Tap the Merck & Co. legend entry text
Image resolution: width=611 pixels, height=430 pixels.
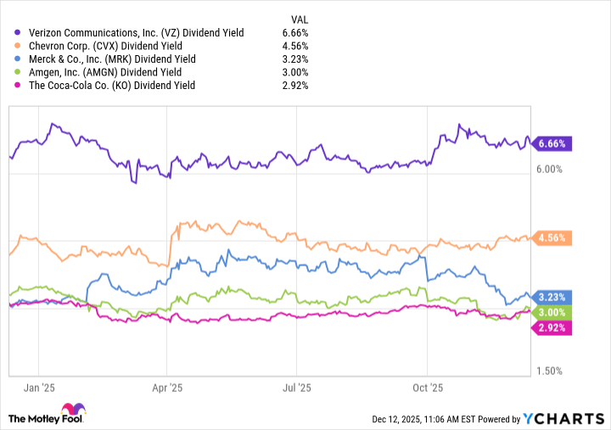(x=111, y=59)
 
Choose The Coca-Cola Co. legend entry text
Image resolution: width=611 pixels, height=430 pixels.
(x=111, y=86)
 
